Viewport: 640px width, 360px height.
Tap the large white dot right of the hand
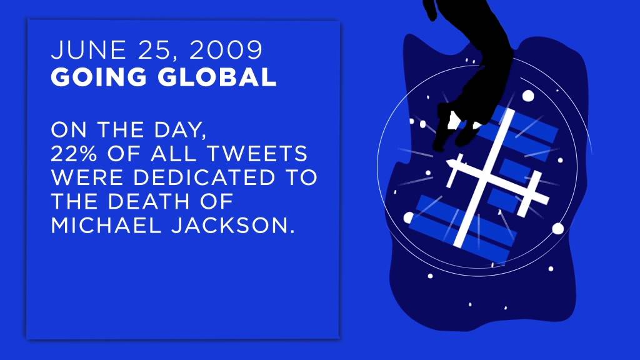(x=528, y=96)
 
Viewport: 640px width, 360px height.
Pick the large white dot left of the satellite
(x=409, y=217)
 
